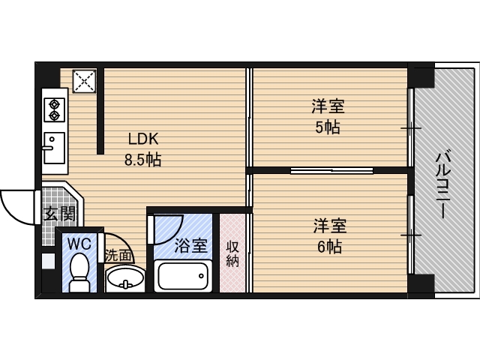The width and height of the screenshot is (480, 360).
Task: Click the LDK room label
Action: [143, 139]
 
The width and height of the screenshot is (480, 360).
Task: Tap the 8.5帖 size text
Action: [142, 160]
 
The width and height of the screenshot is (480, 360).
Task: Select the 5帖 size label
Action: [328, 127]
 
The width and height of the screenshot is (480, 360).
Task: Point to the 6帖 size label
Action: [329, 247]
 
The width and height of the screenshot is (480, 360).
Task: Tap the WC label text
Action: [79, 244]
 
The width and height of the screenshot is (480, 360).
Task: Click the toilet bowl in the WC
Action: [79, 271]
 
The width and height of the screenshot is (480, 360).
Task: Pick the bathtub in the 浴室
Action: [183, 276]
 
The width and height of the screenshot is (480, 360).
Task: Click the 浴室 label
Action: [191, 245]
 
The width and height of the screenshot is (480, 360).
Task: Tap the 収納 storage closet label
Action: [232, 254]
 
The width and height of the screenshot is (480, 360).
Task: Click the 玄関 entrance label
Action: [59, 213]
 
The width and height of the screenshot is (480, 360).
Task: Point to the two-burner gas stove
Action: [54, 110]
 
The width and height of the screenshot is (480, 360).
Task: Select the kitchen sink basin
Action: [54, 148]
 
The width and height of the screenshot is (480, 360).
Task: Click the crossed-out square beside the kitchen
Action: [84, 81]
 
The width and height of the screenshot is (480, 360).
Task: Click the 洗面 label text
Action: [118, 256]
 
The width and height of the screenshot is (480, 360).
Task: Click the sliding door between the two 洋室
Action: [331, 170]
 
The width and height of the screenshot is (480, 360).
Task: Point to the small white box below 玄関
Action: [48, 261]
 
